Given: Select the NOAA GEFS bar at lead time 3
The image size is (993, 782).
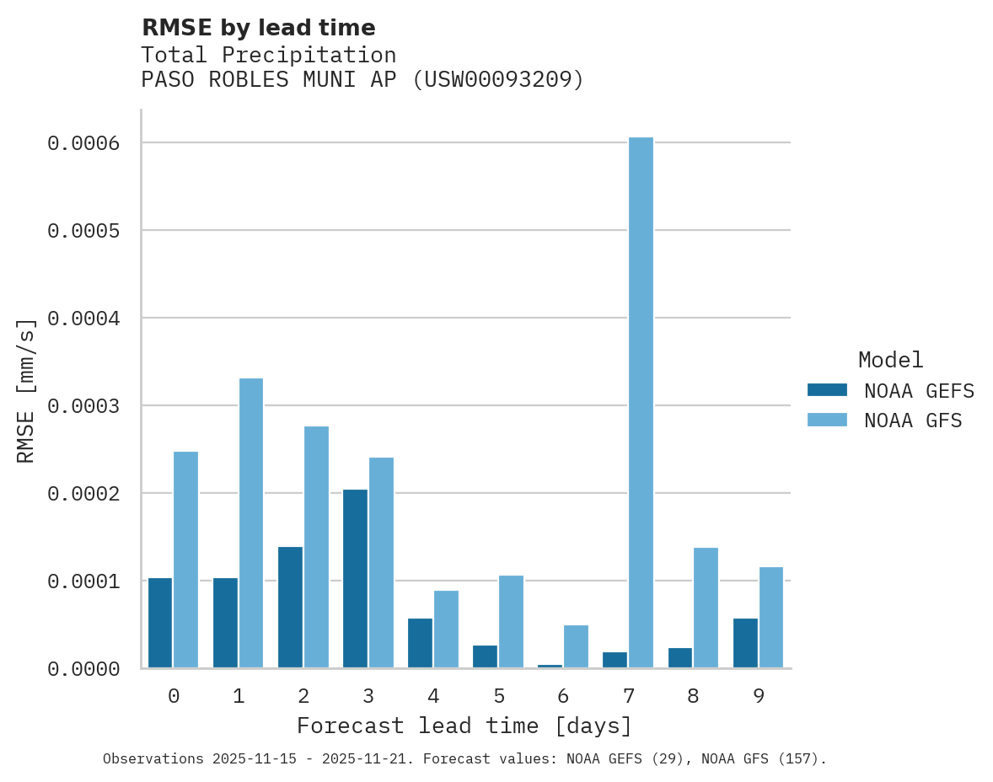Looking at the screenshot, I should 355,579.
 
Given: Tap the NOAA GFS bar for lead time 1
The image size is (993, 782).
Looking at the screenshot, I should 251,523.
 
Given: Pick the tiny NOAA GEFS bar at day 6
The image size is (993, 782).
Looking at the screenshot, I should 550,666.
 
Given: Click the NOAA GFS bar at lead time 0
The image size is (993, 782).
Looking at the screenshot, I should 185,560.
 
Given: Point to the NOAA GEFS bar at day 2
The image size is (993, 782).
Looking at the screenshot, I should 290,608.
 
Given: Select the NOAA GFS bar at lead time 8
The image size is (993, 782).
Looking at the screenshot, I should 706,608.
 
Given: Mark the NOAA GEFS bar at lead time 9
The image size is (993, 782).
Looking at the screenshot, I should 745,643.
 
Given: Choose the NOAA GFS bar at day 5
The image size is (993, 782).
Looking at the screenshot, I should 511,622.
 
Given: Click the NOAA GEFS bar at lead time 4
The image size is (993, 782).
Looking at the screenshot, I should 420,643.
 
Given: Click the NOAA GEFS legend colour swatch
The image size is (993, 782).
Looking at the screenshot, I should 827,390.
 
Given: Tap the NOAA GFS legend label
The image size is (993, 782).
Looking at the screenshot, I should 913,420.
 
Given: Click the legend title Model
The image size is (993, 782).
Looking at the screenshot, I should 890,360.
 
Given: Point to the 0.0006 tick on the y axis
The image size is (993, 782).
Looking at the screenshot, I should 94,143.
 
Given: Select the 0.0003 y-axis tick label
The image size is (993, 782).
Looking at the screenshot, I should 94,406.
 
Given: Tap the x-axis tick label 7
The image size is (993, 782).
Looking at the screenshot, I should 628,696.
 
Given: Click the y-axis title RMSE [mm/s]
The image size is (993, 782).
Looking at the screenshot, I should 26,390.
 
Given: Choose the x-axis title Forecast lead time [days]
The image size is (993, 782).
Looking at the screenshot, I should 464,726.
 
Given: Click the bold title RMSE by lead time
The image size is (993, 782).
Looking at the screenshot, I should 258,28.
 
